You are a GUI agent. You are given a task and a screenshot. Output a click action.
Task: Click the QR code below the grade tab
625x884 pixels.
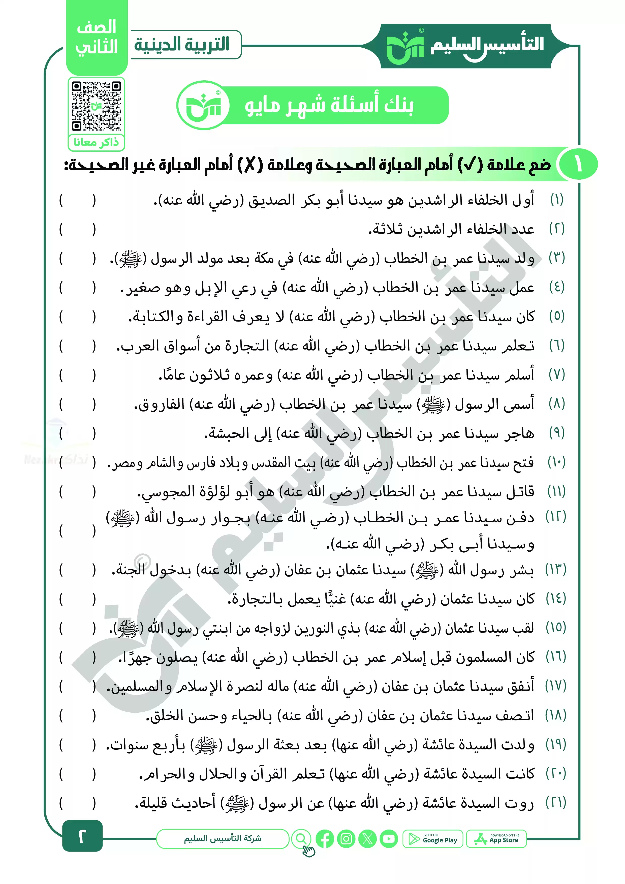tap(96, 106)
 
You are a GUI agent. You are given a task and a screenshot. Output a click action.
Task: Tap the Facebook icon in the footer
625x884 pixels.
tap(325, 839)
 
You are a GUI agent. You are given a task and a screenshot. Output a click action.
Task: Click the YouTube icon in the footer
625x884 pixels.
tap(389, 839)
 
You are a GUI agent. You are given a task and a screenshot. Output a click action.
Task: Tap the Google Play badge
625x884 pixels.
tap(433, 839)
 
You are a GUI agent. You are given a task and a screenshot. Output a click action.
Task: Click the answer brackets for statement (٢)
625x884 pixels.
tap(77, 230)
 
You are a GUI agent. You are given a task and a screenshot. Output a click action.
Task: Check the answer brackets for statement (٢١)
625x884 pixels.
tap(77, 803)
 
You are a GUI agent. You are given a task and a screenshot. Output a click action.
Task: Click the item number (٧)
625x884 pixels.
tap(556, 375)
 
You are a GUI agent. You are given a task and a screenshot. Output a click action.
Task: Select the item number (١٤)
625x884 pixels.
tap(556, 599)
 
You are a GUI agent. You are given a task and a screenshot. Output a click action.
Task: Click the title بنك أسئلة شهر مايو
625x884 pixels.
tap(329, 105)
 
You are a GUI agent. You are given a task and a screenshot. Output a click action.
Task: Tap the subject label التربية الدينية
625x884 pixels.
tap(182, 45)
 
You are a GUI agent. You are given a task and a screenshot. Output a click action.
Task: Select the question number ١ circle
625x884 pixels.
tap(578, 164)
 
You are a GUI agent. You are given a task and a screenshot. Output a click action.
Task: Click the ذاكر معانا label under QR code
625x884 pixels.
tap(96, 142)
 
